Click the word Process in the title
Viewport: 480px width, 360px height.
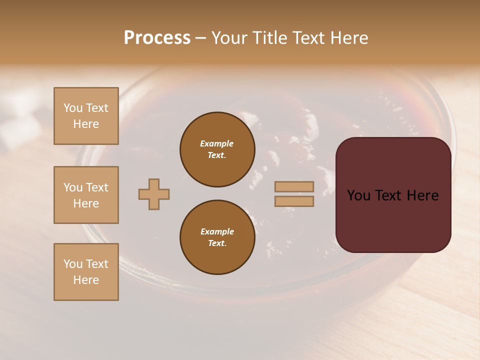tap(157, 38)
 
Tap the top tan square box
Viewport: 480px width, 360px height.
tap(86, 116)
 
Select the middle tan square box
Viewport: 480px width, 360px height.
tap(86, 195)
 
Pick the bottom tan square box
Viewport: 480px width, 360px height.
tap(86, 272)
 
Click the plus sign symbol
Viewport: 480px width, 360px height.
tap(154, 194)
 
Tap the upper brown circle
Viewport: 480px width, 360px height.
tap(217, 149)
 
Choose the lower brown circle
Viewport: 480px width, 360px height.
tap(217, 237)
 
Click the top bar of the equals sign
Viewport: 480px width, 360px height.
tap(294, 186)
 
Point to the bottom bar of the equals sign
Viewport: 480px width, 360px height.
tap(294, 201)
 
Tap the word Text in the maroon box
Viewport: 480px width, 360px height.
tap(392, 195)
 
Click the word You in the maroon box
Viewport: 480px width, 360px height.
tap(358, 195)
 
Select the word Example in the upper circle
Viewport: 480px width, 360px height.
tap(217, 143)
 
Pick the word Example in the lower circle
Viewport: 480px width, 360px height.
tap(217, 231)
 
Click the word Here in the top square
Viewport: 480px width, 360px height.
tap(86, 124)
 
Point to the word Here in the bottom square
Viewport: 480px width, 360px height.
tap(86, 280)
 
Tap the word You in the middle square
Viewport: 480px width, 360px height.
tap(73, 187)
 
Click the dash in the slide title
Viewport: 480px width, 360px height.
tap(201, 38)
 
